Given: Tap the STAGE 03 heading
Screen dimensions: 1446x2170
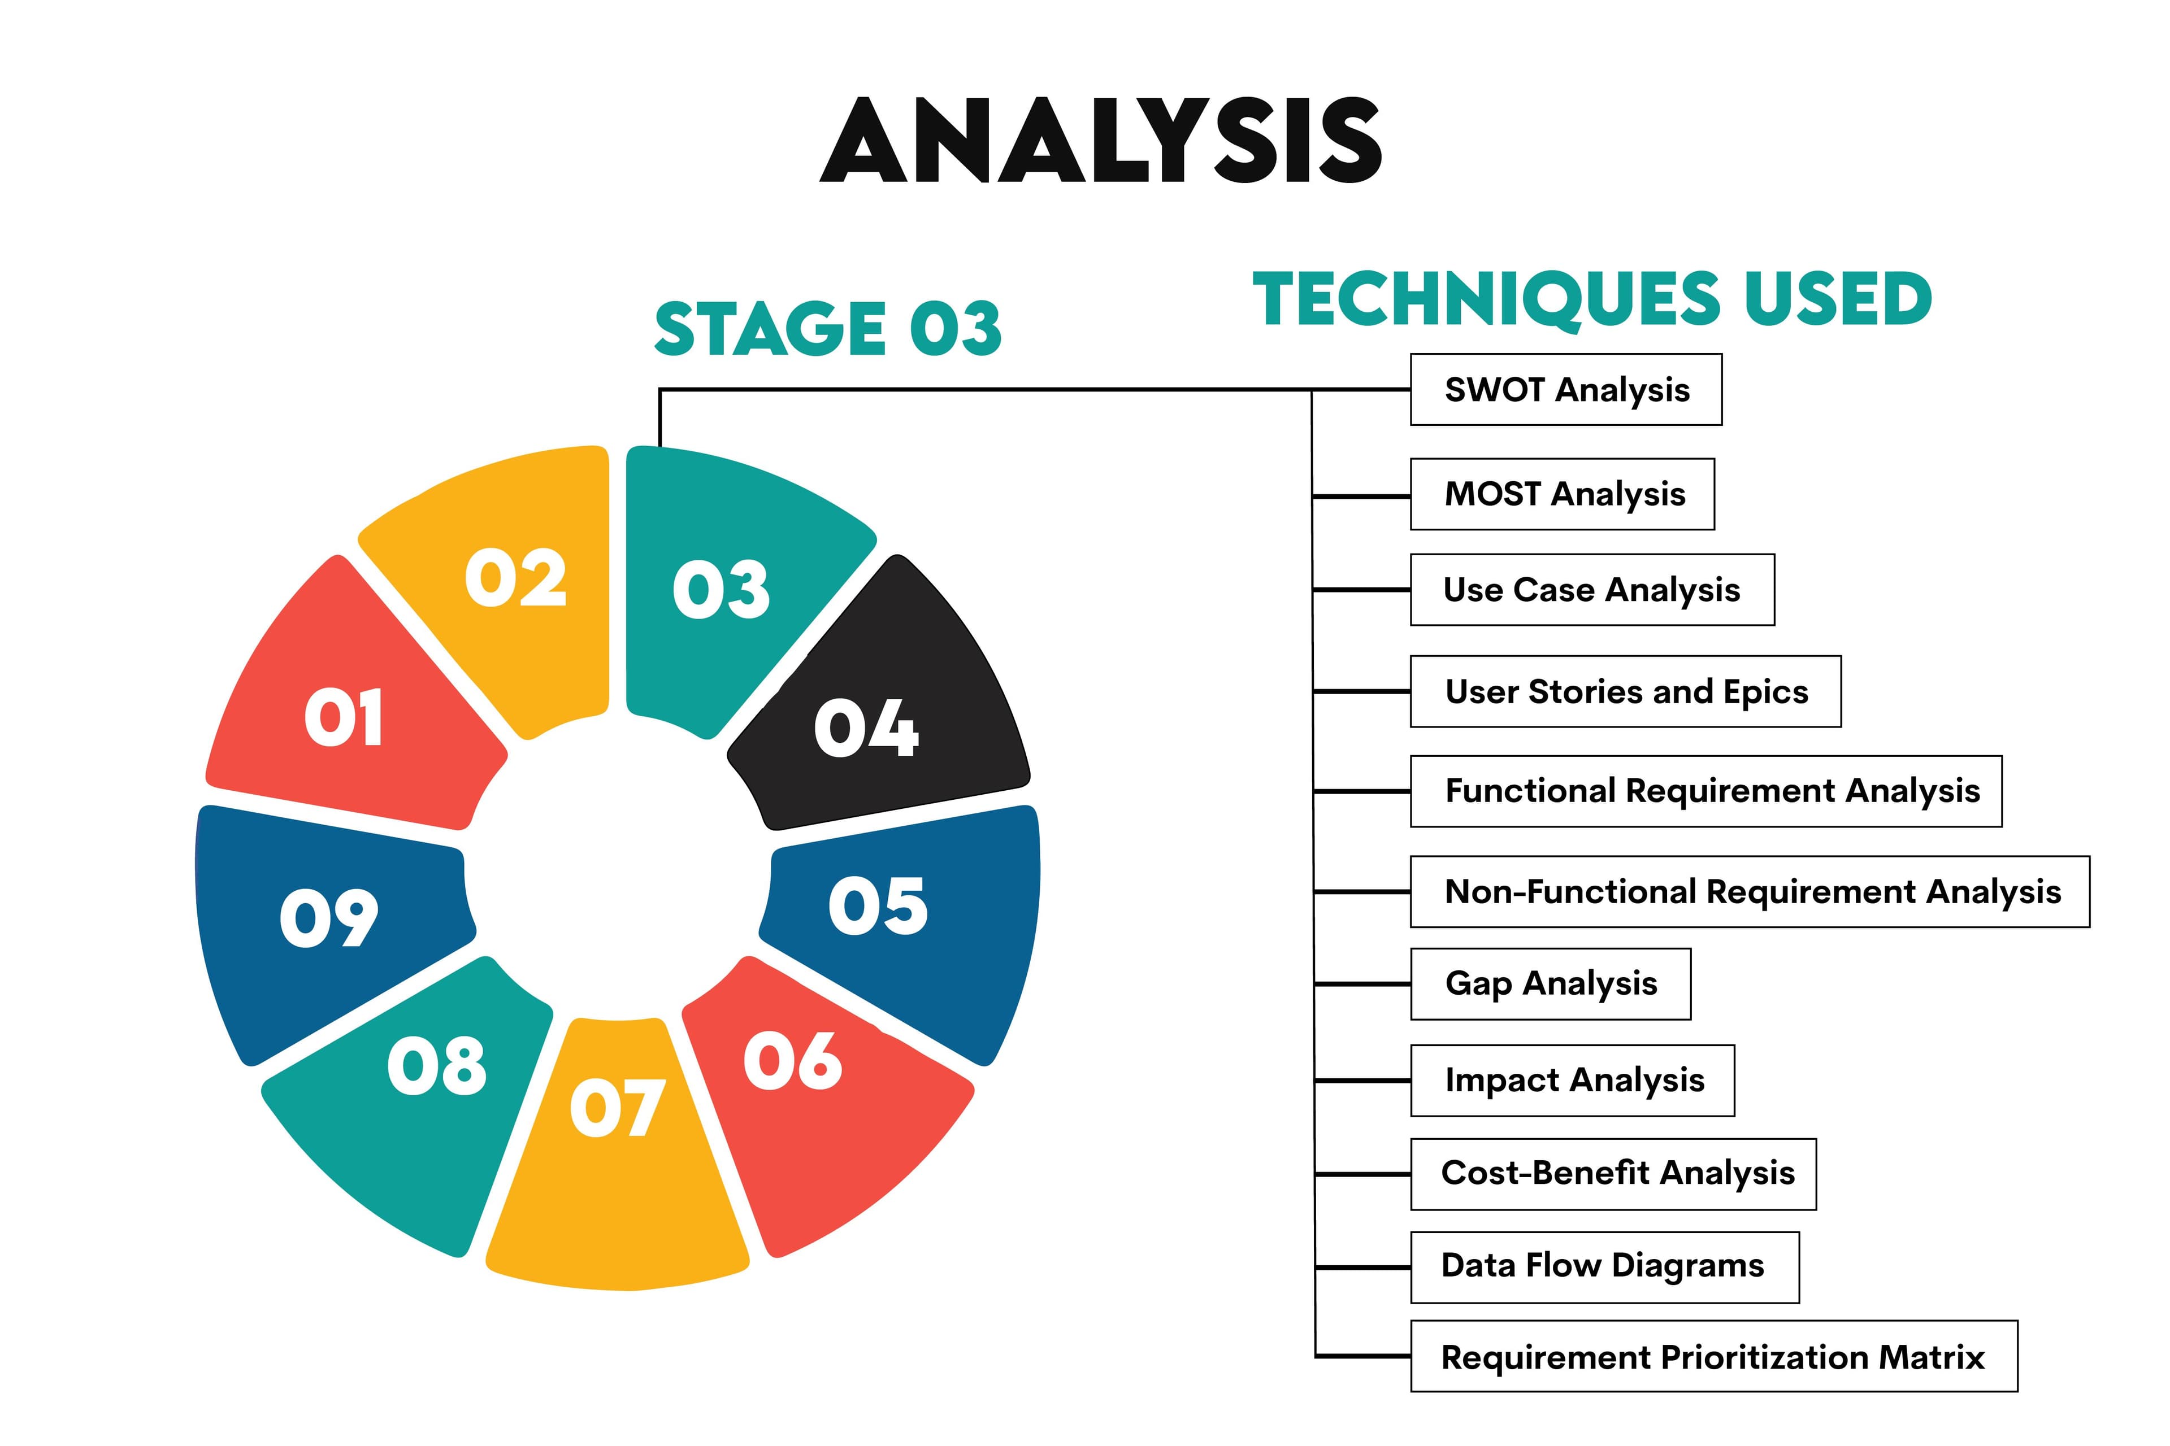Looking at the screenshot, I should click(x=827, y=329).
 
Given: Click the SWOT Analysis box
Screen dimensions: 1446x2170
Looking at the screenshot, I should click(x=1566, y=390).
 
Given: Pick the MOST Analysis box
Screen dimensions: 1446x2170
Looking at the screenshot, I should click(x=1562, y=494).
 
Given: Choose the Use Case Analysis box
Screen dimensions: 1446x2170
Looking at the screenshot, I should click(x=1591, y=590).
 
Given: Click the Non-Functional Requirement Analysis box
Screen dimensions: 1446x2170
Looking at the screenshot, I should click(x=1750, y=892).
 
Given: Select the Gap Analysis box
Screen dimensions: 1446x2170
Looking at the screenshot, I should click(x=1550, y=984).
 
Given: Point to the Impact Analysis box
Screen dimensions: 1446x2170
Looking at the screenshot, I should click(x=1572, y=1081).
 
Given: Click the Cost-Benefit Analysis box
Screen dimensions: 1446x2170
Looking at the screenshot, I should click(x=1613, y=1174).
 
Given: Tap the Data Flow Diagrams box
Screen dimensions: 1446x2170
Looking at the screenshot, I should click(x=1604, y=1267).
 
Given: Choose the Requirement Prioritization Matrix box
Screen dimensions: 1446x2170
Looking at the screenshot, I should click(x=1713, y=1357).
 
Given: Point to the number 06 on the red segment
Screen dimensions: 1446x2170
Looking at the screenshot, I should click(x=792, y=1061).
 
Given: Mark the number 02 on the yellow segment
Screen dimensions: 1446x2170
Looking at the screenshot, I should click(x=515, y=578).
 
